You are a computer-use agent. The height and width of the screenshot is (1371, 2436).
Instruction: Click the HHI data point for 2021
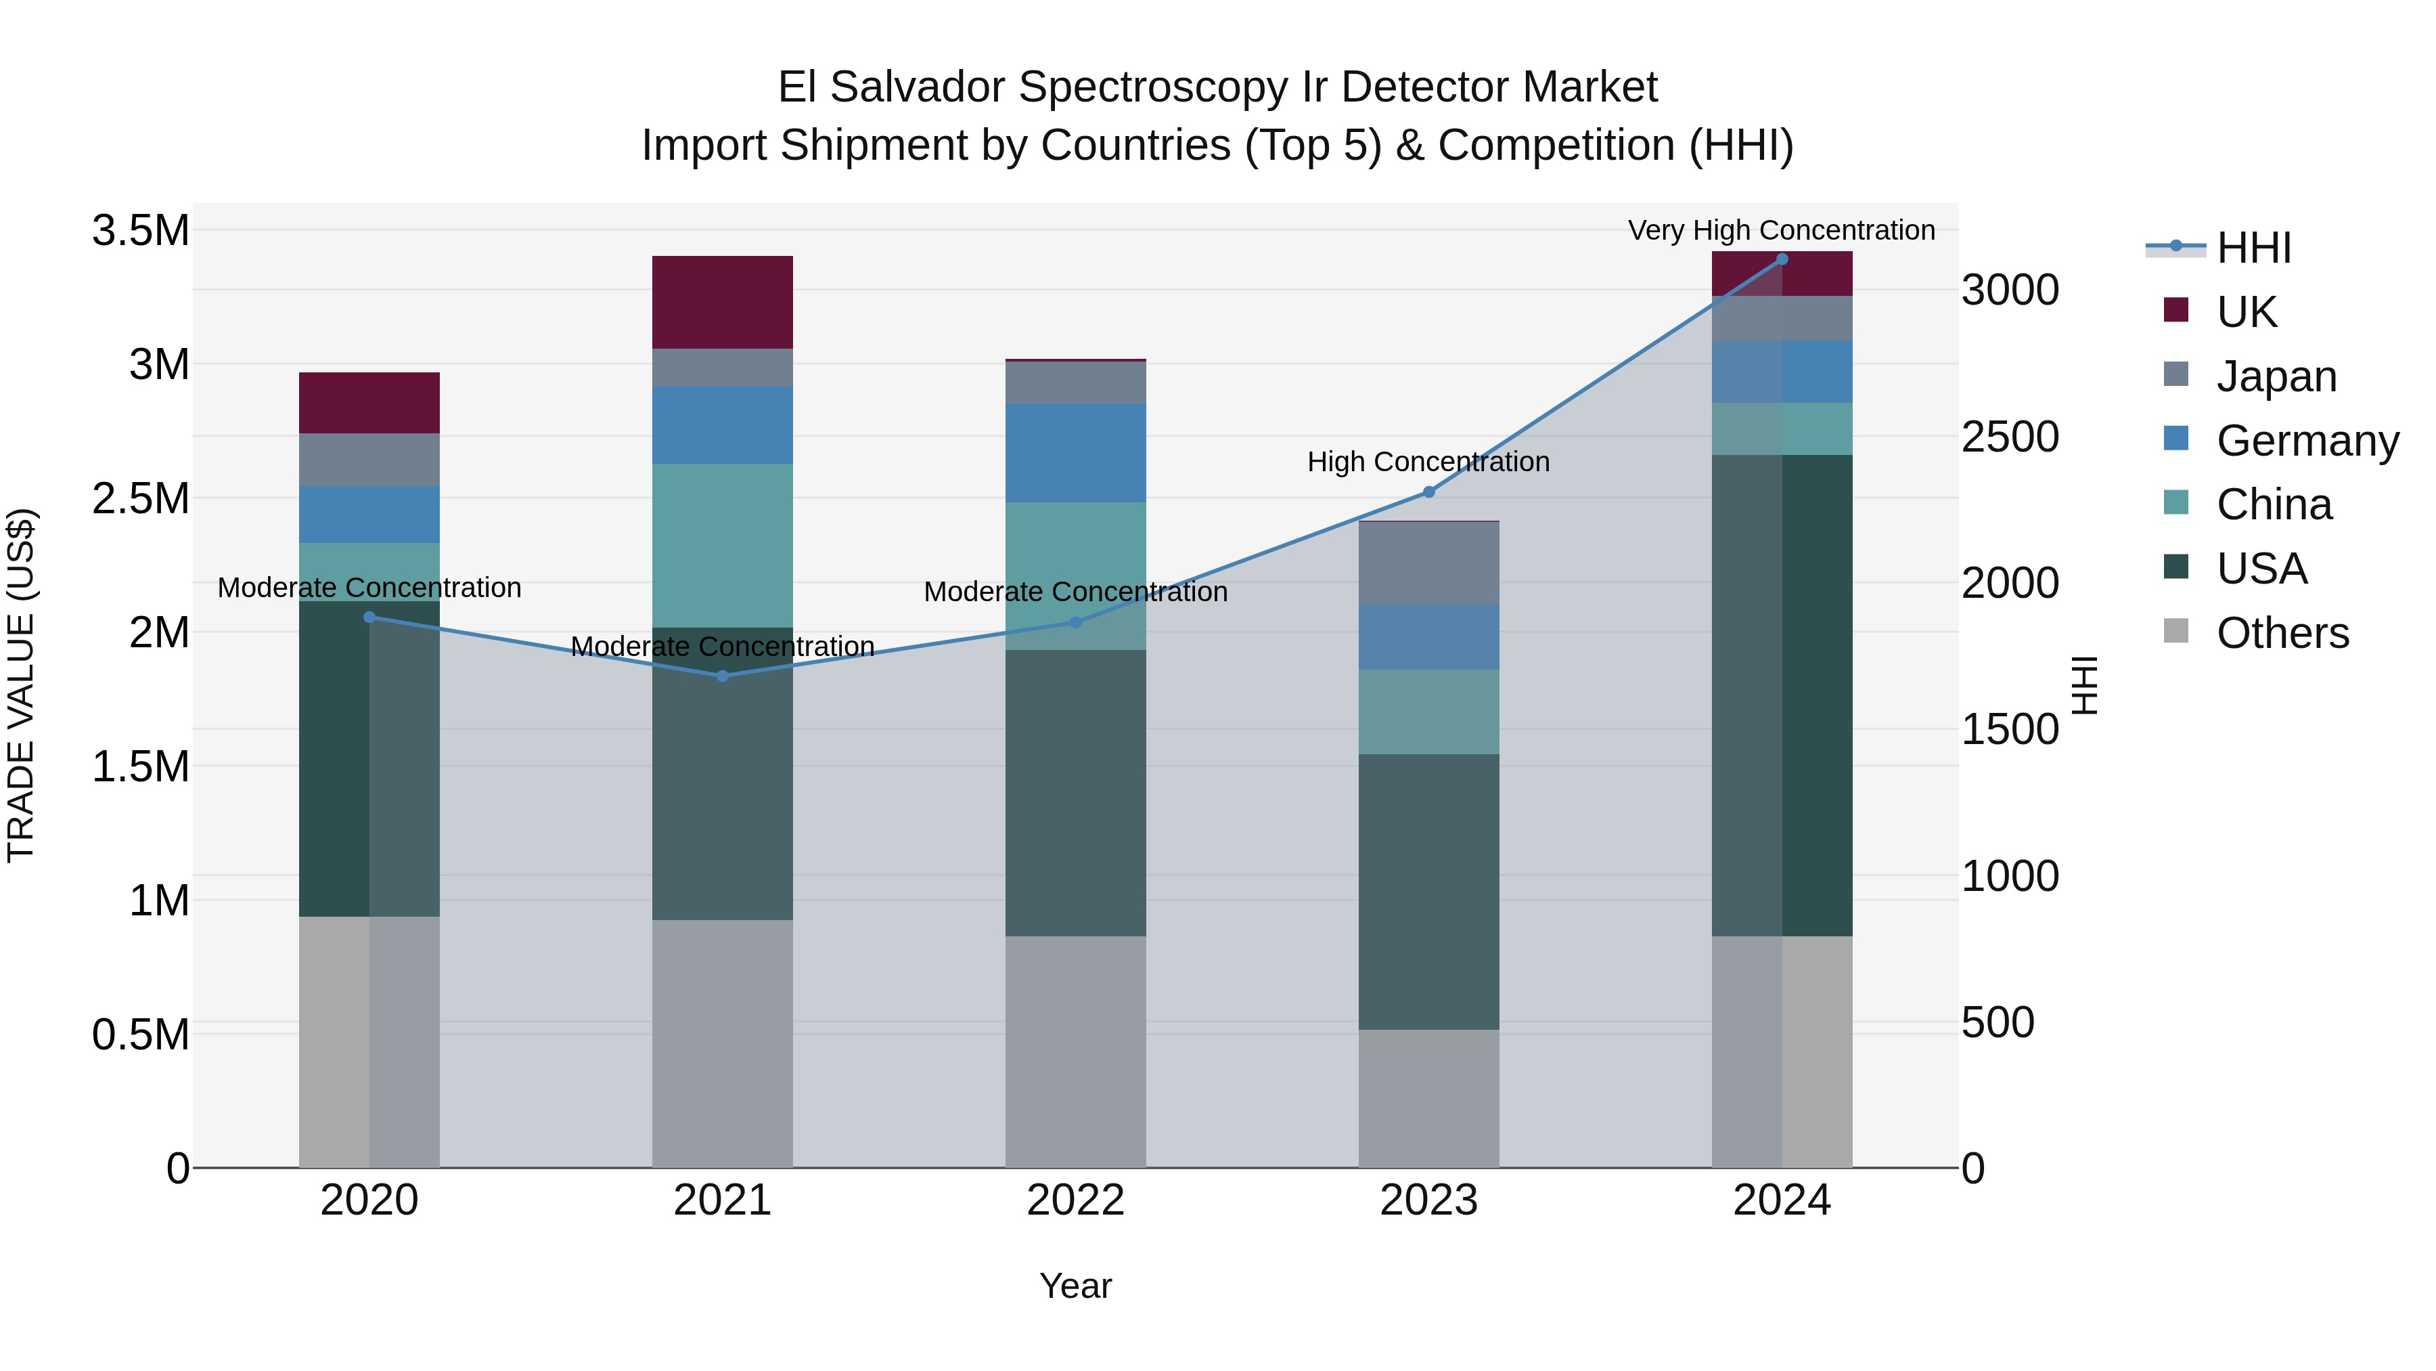coord(723,676)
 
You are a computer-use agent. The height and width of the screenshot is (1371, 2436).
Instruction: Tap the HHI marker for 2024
coord(1782,259)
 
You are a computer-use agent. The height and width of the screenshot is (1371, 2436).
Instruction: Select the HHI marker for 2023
coord(1429,492)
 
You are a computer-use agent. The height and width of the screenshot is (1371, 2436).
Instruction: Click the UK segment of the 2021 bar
coord(723,302)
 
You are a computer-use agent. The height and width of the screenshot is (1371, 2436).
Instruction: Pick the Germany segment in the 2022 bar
coord(1075,452)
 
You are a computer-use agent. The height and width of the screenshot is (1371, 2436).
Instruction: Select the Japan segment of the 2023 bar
coord(1429,563)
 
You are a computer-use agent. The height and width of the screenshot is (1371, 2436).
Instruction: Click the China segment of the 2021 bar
coord(723,545)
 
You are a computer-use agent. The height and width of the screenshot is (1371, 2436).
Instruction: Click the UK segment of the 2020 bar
coord(369,403)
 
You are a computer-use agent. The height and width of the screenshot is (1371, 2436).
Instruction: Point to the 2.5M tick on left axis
coord(140,498)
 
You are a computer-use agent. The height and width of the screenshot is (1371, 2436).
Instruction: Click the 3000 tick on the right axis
coord(2010,290)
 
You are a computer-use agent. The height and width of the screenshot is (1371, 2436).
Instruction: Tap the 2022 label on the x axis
coord(1075,1200)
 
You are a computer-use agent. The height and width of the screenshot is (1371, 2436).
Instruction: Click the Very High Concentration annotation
coord(1781,230)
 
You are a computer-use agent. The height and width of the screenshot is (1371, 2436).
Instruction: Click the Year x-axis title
coord(1075,1286)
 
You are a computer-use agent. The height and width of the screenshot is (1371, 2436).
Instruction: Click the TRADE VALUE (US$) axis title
coord(21,685)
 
